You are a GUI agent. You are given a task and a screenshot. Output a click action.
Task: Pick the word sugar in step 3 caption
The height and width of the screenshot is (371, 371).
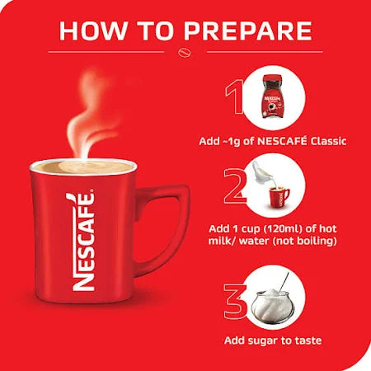coord(274,340)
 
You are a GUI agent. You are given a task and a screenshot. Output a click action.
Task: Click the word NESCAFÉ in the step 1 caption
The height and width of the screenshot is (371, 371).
coord(282,142)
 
